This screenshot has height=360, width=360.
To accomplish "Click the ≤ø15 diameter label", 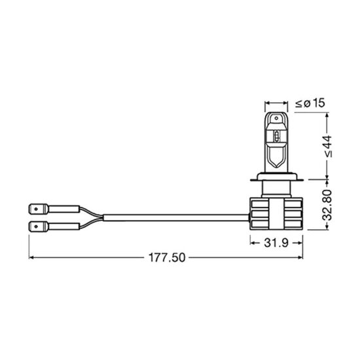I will click(x=309, y=103).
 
